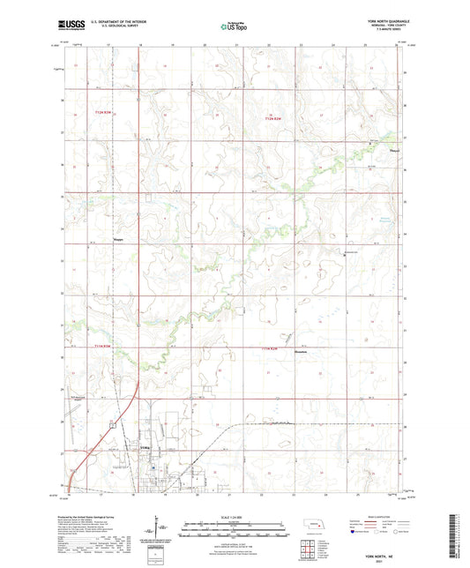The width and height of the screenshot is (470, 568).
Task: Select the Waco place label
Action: (x=118, y=236)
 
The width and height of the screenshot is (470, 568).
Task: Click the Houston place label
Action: (x=300, y=351)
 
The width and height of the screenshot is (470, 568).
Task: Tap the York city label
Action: (x=145, y=449)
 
